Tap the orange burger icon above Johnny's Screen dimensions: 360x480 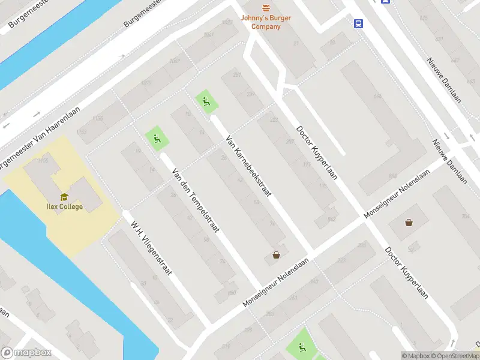(x=265, y=8)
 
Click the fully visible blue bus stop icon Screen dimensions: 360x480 (x=358, y=23)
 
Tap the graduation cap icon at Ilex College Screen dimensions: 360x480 (x=64, y=196)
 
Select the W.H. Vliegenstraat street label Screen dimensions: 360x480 (x=152, y=248)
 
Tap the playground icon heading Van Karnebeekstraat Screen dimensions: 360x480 (x=206, y=101)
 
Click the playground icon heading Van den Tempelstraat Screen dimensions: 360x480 (x=157, y=139)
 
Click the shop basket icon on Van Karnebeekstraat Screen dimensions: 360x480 (x=276, y=255)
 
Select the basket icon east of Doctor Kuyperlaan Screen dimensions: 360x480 (x=409, y=223)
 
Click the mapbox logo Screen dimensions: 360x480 (x=25, y=353)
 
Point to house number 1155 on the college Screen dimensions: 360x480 (x=43, y=161)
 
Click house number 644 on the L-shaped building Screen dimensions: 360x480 (x=377, y=96)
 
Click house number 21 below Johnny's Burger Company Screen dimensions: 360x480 (x=296, y=43)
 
